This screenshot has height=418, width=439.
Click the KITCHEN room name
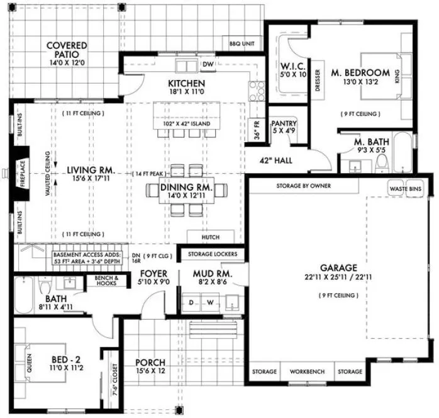186,83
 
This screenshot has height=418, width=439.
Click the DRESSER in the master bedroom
318,80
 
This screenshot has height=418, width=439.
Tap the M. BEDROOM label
361,72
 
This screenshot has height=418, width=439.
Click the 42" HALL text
277,161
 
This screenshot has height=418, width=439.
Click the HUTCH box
210,237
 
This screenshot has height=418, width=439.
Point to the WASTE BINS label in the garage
405,188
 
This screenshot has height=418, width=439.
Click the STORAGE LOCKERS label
208,254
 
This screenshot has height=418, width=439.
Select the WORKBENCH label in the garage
307,372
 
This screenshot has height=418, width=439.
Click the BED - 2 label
64,360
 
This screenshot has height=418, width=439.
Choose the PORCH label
150,363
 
